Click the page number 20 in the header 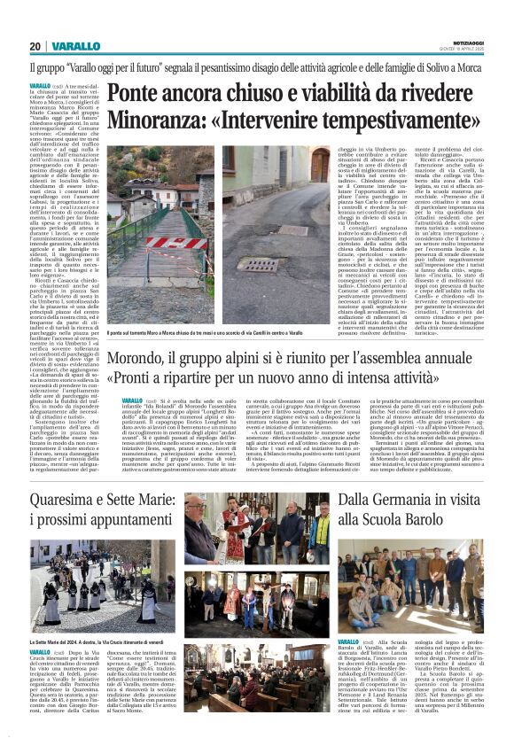pos(35,45)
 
